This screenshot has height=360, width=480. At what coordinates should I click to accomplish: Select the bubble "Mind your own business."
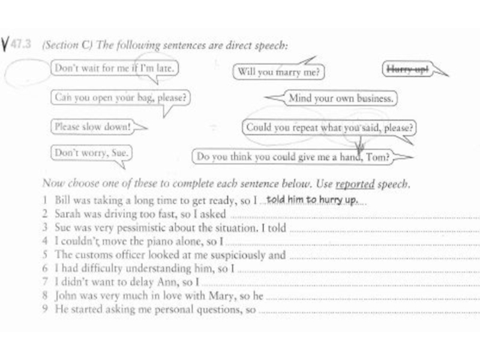click(x=340, y=98)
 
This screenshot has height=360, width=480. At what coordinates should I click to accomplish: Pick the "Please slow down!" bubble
click(x=92, y=127)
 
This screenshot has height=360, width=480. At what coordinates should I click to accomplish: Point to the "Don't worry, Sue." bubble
click(x=91, y=153)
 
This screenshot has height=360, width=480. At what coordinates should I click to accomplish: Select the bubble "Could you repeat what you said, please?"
click(x=330, y=128)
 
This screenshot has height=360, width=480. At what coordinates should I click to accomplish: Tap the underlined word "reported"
click(x=355, y=184)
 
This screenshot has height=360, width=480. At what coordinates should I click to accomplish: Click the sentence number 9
click(x=46, y=310)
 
